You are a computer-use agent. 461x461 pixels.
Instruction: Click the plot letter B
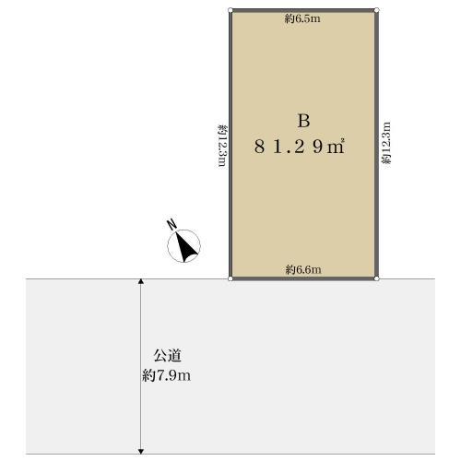(x=303, y=121)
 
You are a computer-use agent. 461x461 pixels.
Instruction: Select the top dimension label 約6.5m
(x=302, y=18)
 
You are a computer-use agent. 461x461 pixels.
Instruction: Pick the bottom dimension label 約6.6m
(x=302, y=269)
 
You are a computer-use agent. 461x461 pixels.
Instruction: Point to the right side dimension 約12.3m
(x=386, y=144)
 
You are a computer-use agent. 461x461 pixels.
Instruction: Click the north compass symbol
(x=185, y=246)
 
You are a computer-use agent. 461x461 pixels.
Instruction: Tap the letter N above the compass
(x=171, y=224)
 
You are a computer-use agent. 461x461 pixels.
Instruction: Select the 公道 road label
(x=166, y=355)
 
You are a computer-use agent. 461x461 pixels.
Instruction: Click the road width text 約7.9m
(x=167, y=375)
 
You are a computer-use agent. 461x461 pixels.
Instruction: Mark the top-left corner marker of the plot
(x=230, y=10)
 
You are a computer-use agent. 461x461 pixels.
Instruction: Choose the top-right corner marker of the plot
(x=377, y=10)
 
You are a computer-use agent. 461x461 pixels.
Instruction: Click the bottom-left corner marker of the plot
(x=230, y=278)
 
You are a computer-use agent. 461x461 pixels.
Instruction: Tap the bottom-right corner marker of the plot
(x=377, y=278)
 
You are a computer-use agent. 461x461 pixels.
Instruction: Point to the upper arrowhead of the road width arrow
(x=140, y=282)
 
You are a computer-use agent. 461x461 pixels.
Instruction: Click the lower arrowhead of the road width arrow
(x=140, y=450)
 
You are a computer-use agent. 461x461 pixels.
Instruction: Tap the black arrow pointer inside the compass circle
(x=187, y=247)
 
